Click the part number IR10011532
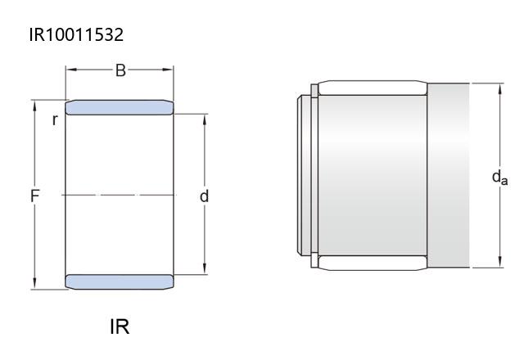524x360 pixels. pyautogui.click(x=76, y=34)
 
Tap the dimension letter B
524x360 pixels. pyautogui.click(x=120, y=70)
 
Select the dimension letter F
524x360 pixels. pyautogui.click(x=34, y=196)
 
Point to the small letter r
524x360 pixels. pyautogui.click(x=55, y=120)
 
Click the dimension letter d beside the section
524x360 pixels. pyautogui.click(x=204, y=196)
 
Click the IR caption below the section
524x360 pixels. pyautogui.click(x=120, y=326)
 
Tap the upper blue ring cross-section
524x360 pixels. pyautogui.click(x=120, y=107)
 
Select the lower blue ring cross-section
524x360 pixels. pyautogui.click(x=120, y=281)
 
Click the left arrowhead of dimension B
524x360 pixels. pyautogui.click(x=71, y=70)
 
